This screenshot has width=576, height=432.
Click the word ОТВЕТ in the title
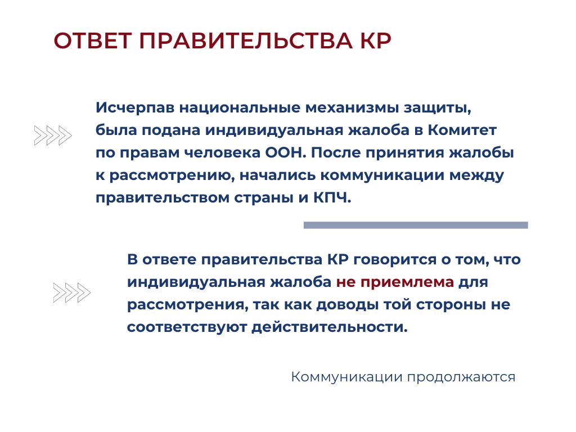(93, 40)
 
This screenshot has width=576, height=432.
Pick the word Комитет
(462, 130)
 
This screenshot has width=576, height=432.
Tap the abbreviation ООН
(285, 152)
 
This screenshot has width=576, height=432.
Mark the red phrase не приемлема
(395, 282)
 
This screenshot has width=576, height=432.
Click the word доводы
(347, 305)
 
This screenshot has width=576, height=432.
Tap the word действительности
(330, 327)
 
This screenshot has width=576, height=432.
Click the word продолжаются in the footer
(461, 377)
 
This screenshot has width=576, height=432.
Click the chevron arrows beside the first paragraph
(53, 136)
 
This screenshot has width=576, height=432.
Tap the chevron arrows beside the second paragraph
(71, 292)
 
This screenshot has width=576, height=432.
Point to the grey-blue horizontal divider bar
(416, 225)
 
